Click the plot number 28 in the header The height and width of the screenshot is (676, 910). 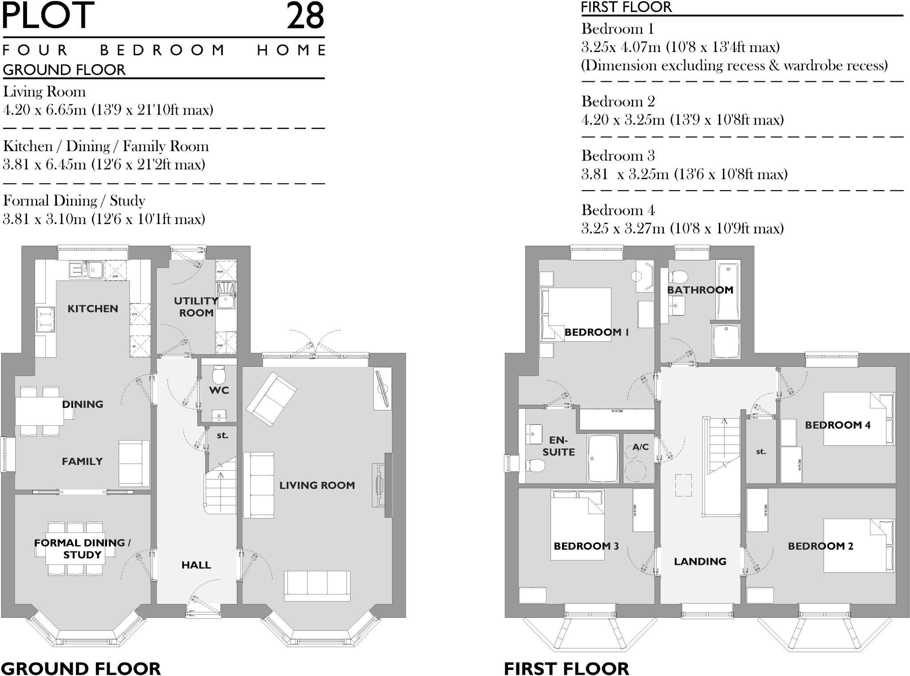point(305,16)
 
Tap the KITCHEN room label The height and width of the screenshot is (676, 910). point(92,308)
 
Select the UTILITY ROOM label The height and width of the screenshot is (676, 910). point(196,307)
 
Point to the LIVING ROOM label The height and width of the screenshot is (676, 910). point(317,485)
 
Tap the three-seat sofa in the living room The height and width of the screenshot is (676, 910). point(317,586)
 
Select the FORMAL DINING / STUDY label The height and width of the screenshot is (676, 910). point(82,548)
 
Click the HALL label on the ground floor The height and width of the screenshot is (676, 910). point(196,565)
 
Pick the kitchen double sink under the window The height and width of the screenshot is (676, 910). point(86,270)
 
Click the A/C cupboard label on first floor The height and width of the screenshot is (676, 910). point(640,447)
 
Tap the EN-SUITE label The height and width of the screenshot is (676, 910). point(559,446)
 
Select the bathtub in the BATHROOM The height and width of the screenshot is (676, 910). point(728,290)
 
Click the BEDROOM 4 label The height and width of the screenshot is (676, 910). point(837,425)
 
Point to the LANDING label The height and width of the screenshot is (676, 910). point(700,561)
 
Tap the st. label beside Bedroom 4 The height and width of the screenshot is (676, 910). point(761,452)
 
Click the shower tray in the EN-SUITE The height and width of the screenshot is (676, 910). point(603,458)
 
